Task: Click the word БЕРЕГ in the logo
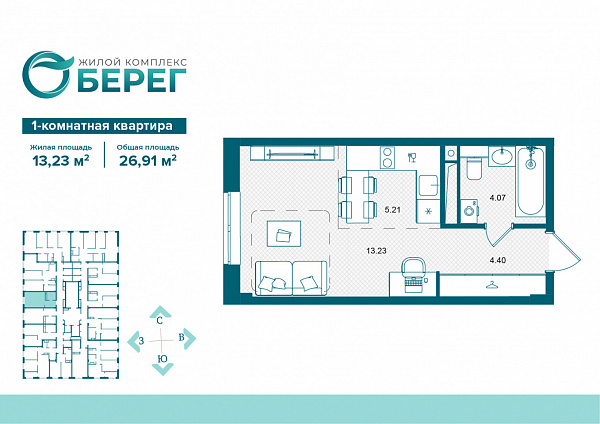pos(132,80)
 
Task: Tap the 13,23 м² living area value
pos(61,160)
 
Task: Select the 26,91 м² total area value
pos(148,160)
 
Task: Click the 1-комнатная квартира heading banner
pos(104,126)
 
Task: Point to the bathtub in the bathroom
pos(530,182)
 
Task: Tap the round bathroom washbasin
pos(502,156)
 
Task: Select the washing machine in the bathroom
pos(469,210)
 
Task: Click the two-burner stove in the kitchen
pos(389,157)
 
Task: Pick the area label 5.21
pos(392,210)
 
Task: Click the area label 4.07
pos(498,198)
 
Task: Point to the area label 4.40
pos(498,260)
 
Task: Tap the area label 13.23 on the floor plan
pos(377,251)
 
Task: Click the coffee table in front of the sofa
pos(284,233)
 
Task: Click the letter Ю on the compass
pos(162,359)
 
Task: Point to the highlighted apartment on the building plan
pos(40,299)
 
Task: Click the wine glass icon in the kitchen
pos(412,157)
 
